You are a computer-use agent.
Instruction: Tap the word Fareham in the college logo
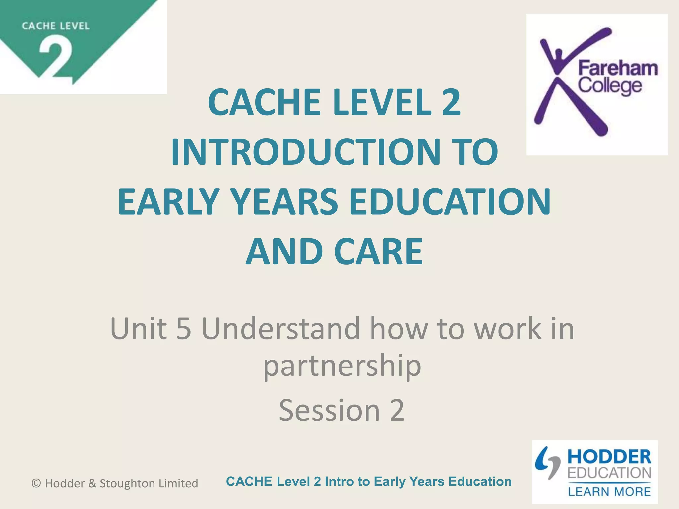(x=618, y=69)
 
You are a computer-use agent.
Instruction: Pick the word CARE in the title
(x=379, y=252)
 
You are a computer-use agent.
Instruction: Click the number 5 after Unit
(x=184, y=329)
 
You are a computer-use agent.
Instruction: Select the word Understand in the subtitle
(x=280, y=329)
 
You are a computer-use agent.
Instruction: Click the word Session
(x=329, y=410)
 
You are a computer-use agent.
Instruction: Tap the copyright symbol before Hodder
(x=36, y=483)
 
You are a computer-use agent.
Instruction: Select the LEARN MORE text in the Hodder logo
(x=609, y=491)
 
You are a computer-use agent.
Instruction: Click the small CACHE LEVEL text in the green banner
(x=56, y=26)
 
